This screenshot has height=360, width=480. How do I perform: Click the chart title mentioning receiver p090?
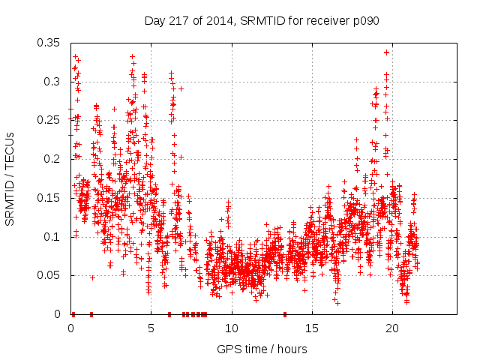click(262, 20)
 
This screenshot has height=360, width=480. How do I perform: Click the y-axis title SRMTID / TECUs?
click(10, 178)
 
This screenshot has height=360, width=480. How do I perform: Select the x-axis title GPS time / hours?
click(262, 349)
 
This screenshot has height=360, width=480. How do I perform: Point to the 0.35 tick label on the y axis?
click(50, 43)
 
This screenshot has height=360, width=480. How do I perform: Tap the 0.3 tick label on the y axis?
click(53, 82)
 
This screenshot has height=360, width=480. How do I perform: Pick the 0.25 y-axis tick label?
click(50, 120)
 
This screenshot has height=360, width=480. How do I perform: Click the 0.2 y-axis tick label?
click(53, 159)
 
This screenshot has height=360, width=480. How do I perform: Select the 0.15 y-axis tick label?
click(50, 198)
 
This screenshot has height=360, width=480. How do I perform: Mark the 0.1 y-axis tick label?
click(53, 237)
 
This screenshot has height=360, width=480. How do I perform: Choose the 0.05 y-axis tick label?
click(50, 275)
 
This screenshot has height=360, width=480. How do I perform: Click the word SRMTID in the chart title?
click(259, 20)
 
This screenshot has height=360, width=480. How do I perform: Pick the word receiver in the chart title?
click(329, 20)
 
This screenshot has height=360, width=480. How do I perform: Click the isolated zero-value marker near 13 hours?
click(284, 314)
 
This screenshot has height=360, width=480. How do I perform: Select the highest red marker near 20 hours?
click(386, 52)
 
